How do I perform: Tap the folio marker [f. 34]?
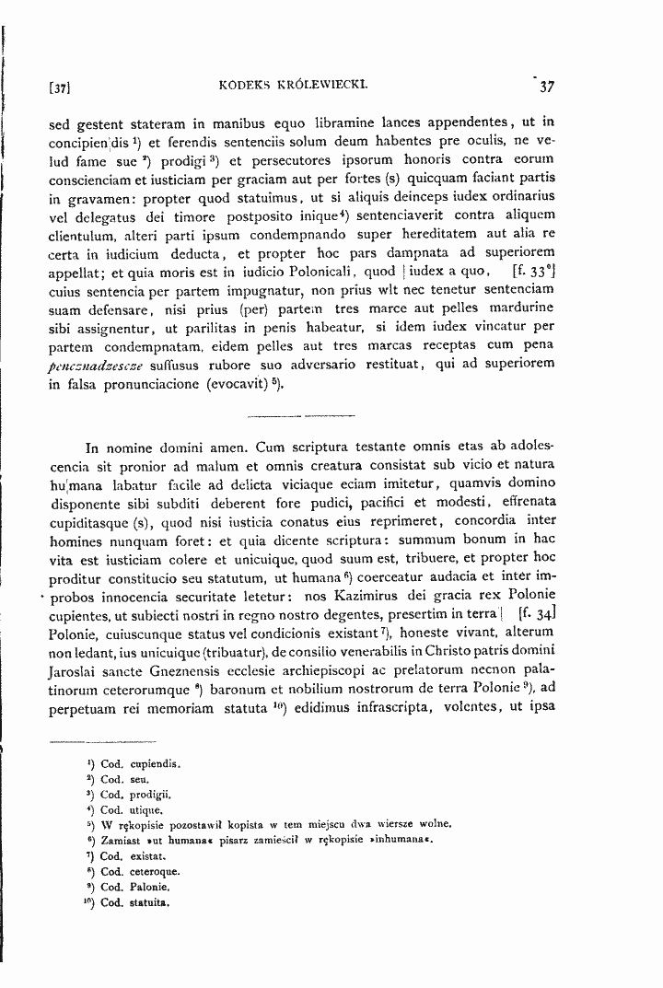pyautogui.click(x=534, y=612)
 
